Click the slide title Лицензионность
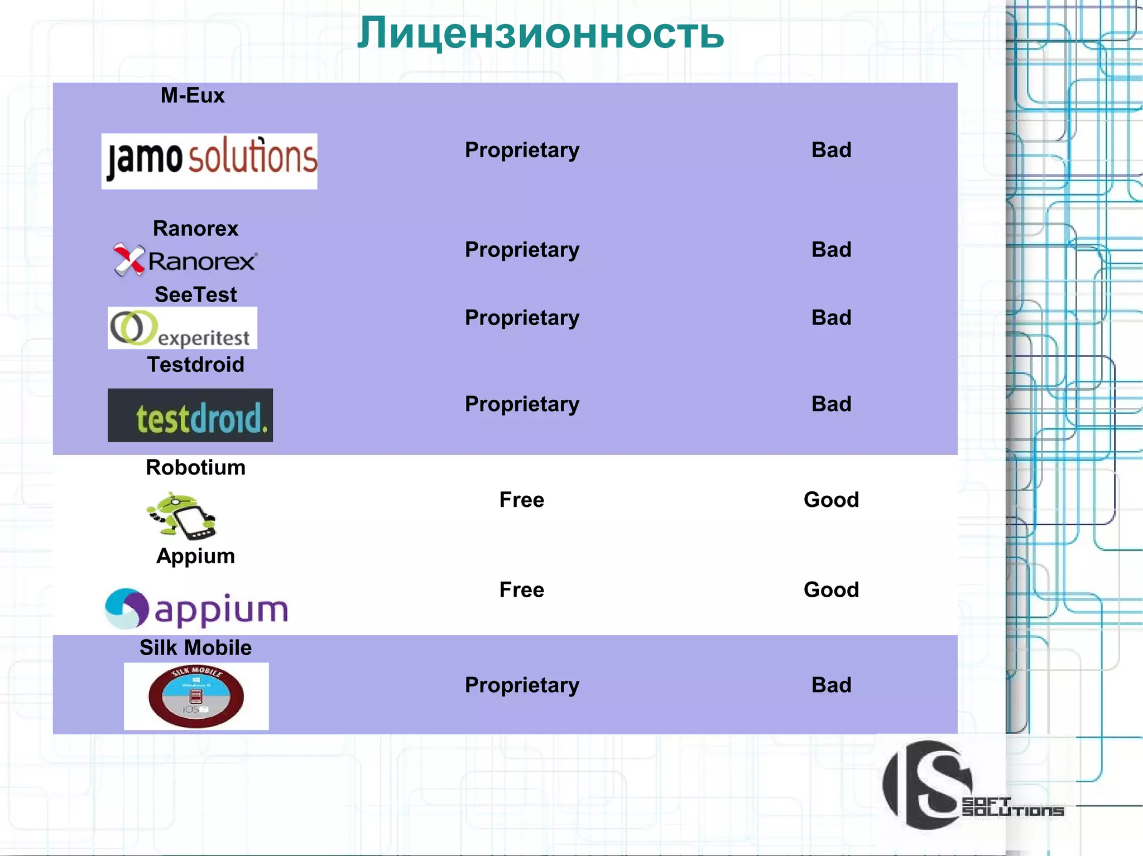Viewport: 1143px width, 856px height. (540, 33)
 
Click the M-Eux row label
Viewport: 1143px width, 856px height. (193, 95)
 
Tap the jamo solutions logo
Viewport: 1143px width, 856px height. (209, 161)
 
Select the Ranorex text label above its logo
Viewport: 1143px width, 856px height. (195, 229)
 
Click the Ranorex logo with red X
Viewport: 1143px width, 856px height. (185, 260)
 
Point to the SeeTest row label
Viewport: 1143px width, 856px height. (195, 294)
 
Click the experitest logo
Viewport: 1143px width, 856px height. (183, 328)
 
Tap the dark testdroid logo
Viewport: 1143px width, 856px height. (190, 415)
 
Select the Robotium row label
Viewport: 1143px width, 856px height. (195, 467)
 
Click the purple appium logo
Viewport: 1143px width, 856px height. (196, 609)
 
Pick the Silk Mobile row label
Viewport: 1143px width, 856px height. (195, 647)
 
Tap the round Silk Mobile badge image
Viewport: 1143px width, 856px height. (196, 697)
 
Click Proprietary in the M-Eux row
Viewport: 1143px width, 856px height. (522, 150)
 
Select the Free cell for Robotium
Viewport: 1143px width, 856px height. (521, 500)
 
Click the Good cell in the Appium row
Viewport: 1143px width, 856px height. (831, 590)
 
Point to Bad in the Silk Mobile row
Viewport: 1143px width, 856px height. (831, 685)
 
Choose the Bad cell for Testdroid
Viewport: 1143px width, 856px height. (831, 404)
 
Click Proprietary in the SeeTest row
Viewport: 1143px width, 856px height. (522, 318)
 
